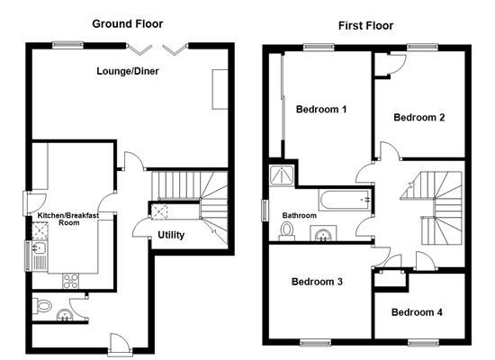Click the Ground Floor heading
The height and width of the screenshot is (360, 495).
click(128, 24)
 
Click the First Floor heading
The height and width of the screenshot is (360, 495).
click(365, 25)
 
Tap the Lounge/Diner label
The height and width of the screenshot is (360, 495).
click(128, 71)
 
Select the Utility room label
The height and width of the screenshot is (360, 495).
click(171, 235)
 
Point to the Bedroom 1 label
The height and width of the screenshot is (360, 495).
click(321, 110)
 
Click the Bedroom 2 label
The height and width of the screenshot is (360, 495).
click(418, 118)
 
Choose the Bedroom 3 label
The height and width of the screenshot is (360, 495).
click(317, 282)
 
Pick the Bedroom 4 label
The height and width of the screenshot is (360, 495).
click(417, 312)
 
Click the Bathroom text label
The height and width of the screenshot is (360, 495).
click(300, 215)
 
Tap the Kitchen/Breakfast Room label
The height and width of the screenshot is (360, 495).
click(68, 219)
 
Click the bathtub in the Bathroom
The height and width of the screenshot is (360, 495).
click(345, 200)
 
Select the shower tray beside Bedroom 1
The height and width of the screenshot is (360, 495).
click(282, 175)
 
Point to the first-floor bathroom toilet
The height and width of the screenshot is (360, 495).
click(287, 230)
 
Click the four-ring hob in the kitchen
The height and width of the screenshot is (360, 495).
click(71, 281)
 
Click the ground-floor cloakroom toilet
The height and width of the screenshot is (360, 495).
click(42, 306)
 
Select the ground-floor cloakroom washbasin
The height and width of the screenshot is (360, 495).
click(65, 315)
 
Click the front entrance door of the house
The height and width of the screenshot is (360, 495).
click(120, 346)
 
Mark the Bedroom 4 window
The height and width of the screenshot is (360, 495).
click(423, 342)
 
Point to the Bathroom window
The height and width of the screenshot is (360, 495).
click(265, 211)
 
